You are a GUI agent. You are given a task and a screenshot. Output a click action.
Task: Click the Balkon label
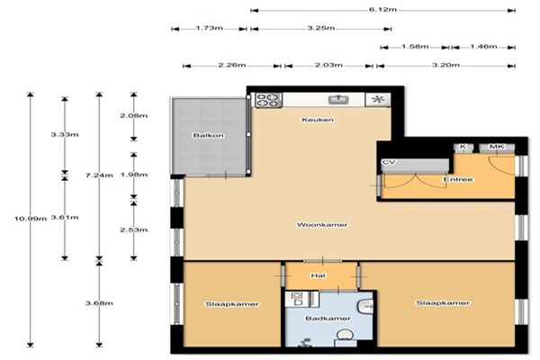pyautogui.click(x=209, y=135)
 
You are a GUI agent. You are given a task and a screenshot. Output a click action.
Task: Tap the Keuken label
pyautogui.click(x=318, y=120)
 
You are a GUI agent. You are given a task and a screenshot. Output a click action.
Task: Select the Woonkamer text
pyautogui.click(x=322, y=225)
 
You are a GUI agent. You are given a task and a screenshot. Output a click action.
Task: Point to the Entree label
pyautogui.click(x=458, y=179)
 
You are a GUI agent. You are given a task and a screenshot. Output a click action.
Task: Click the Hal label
pyautogui.click(x=318, y=275)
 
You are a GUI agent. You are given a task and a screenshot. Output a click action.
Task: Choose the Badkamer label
pyautogui.click(x=328, y=319)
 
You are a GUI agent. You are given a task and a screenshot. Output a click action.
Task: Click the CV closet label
pyautogui.click(x=389, y=162)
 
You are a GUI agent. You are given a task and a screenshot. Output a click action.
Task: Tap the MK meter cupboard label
pyautogui.click(x=497, y=147)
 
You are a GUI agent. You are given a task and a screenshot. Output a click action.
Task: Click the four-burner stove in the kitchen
pyautogui.click(x=268, y=100)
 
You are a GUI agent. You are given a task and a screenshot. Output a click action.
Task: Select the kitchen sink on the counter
pyautogui.click(x=338, y=100)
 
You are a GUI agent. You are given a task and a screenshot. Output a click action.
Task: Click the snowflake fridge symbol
pyautogui.click(x=378, y=100)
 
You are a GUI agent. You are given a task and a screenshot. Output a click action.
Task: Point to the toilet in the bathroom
pyautogui.click(x=344, y=337)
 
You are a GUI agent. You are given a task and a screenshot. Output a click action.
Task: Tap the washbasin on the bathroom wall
pyautogui.click(x=365, y=306)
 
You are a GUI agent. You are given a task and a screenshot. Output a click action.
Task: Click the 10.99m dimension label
pyautogui.click(x=31, y=219)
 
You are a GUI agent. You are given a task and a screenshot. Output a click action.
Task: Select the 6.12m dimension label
pyautogui.click(x=382, y=10)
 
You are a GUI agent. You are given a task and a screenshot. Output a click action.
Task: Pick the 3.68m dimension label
pyautogui.click(x=99, y=303)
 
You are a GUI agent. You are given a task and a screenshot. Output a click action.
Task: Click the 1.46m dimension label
pyautogui.click(x=483, y=47)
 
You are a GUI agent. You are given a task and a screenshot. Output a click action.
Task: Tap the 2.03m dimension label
pyautogui.click(x=328, y=65)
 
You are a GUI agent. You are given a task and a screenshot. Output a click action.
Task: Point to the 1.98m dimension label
pyautogui.click(x=133, y=175)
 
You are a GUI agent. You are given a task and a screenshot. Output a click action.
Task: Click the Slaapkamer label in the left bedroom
pyautogui.click(x=232, y=304)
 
